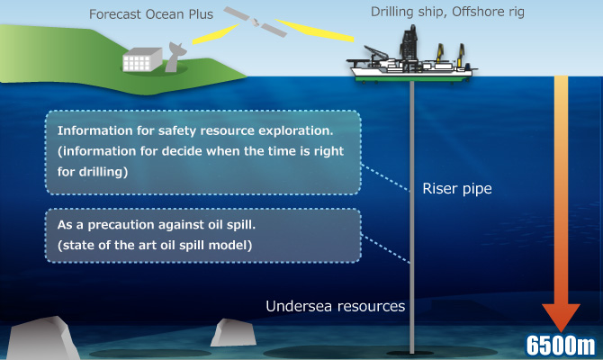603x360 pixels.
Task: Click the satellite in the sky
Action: click(255, 22)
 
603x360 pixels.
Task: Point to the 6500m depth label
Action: click(561, 345)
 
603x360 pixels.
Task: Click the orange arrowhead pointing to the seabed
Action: click(561, 318)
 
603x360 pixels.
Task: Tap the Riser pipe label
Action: click(457, 189)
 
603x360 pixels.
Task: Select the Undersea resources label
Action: click(336, 306)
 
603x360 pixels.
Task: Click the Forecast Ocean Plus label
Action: click(151, 14)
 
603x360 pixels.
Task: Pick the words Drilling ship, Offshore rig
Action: click(447, 12)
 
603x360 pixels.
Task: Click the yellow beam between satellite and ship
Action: click(315, 30)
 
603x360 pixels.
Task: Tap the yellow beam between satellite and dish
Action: click(215, 34)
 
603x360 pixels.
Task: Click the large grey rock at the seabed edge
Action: click(41, 338)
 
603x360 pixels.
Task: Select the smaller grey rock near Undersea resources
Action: click(233, 332)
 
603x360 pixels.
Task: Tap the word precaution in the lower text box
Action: click(121, 225)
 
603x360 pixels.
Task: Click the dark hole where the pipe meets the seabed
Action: click(411, 353)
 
